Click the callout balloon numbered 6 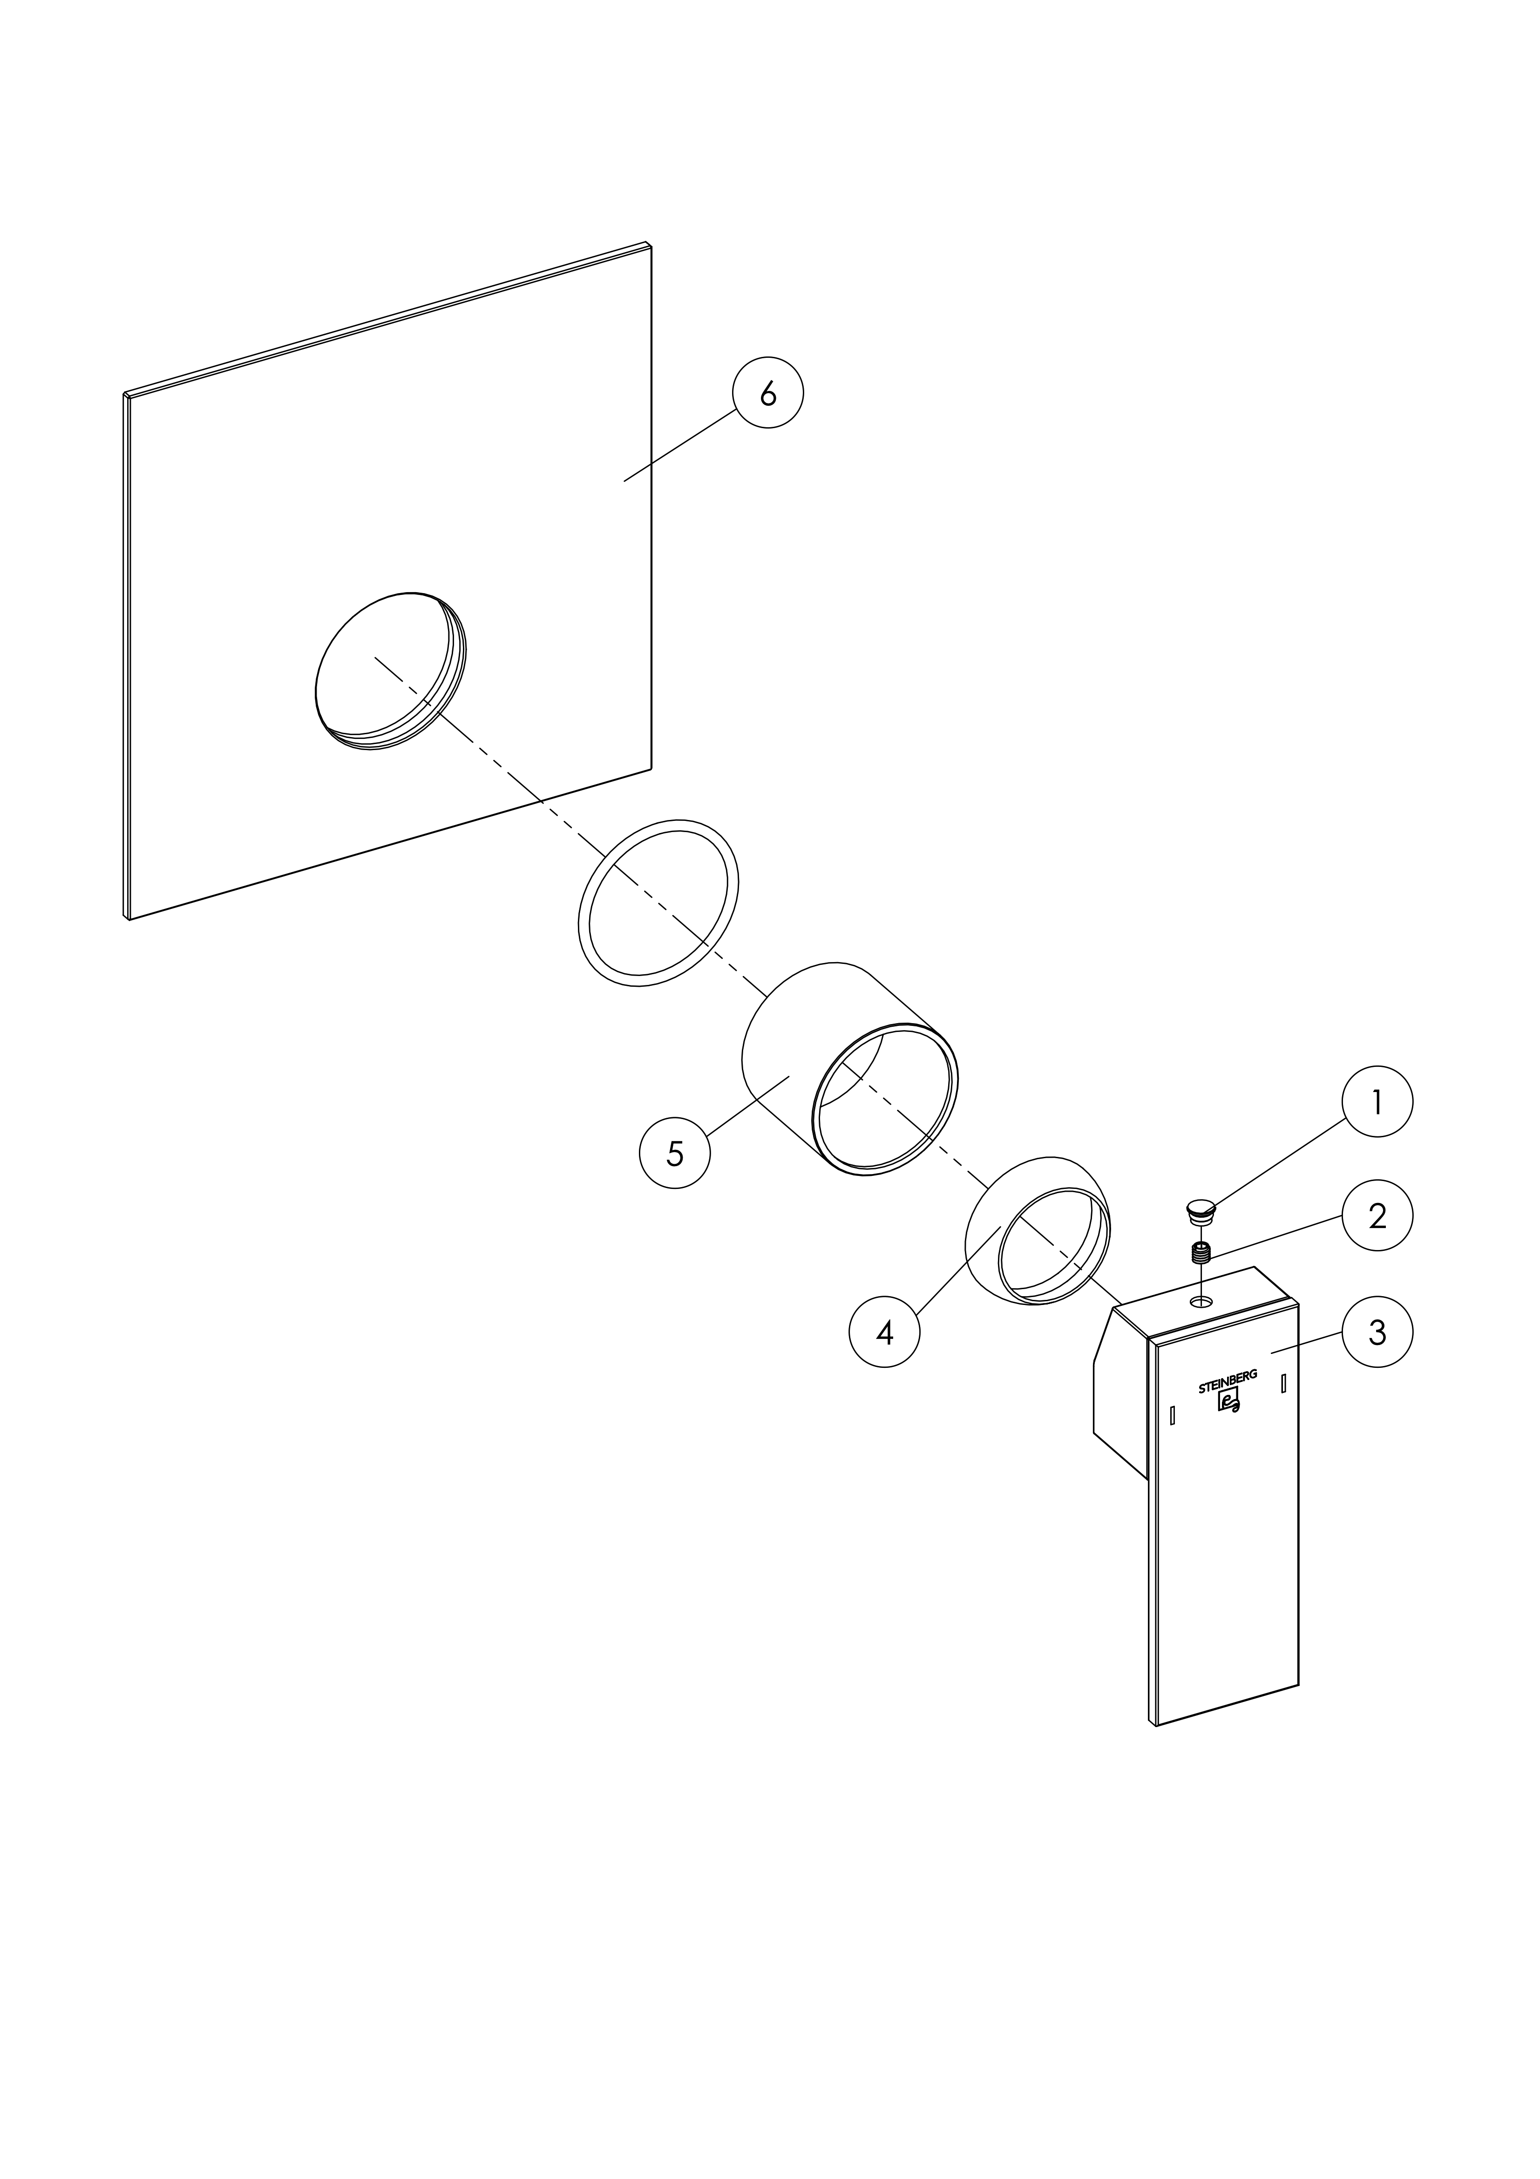point(767,392)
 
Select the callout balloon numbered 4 point(884,1332)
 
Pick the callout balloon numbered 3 point(1377,1332)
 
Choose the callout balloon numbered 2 point(1377,1216)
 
